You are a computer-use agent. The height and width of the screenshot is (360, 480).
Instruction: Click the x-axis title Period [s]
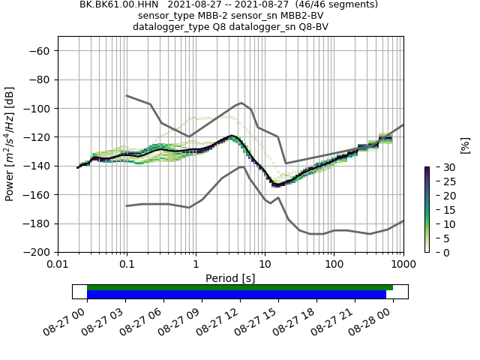pyautogui.click(x=230, y=278)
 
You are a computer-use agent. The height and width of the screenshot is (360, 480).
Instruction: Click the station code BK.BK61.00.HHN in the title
pyautogui.click(x=115, y=4)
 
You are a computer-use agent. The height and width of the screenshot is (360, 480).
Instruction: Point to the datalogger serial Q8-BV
pyautogui.click(x=313, y=26)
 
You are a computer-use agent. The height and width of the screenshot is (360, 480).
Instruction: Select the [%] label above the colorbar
pyautogui.click(x=465, y=145)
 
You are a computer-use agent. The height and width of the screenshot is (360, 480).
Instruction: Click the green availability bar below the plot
pyautogui.click(x=240, y=287)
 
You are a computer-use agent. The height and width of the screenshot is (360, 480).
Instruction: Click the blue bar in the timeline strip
pyautogui.click(x=236, y=294)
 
